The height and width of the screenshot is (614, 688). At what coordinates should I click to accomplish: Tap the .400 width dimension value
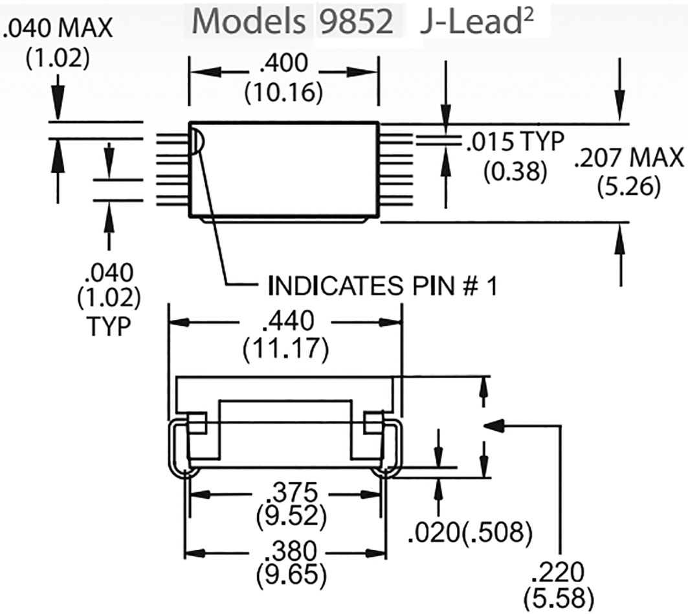pos(283,66)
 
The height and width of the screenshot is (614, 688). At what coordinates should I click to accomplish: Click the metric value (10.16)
pos(283,92)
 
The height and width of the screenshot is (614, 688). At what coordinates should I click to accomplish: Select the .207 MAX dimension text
pos(628,157)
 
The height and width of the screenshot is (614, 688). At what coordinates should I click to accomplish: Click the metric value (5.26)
pos(628,186)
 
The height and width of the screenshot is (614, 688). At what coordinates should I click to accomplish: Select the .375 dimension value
pos(285,493)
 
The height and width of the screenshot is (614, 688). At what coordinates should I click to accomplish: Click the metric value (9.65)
pos(285,574)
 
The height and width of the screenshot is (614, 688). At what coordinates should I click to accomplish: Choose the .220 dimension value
pos(557,572)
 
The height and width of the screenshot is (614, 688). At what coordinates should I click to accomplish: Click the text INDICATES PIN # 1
pos(382,286)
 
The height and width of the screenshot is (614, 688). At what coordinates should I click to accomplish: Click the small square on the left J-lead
pos(196,423)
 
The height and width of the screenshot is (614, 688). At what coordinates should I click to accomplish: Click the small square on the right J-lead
pos(374,423)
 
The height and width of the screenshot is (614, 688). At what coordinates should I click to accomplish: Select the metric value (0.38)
pos(515,172)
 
